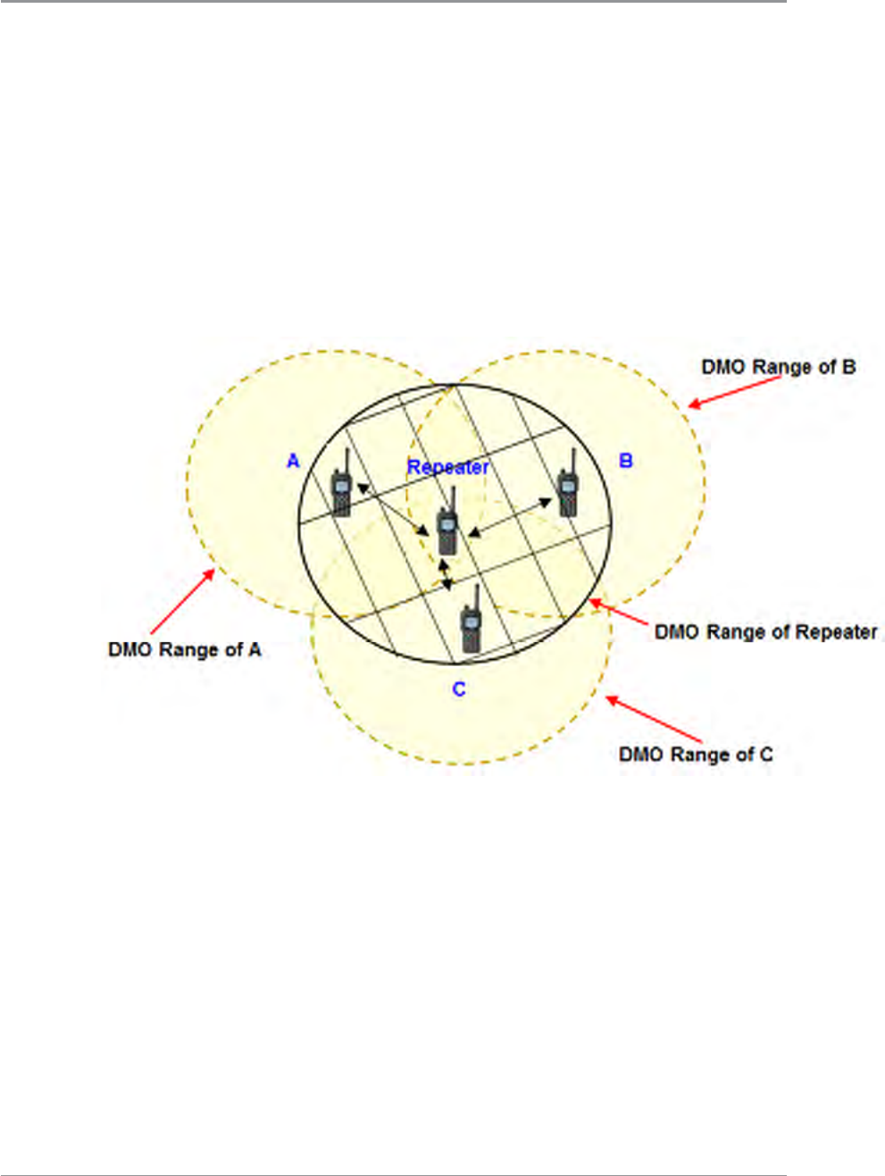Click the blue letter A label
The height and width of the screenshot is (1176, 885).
coord(293,462)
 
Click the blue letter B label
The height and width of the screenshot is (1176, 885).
coord(626,461)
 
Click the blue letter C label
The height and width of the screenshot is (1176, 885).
coord(459,689)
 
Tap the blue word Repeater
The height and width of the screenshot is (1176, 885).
coord(448,467)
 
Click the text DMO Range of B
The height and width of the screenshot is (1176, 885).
coord(778,367)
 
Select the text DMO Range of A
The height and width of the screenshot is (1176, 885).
coord(185,650)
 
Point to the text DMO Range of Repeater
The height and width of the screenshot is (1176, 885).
coord(766,632)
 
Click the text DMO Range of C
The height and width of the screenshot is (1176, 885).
coord(696,755)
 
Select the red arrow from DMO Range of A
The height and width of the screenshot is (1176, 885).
coord(184,603)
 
